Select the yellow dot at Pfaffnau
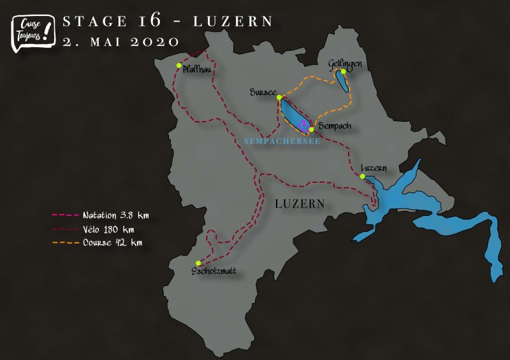coord(179,65)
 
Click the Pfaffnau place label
coord(197,70)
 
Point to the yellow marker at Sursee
coord(279,97)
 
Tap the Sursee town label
coord(262,93)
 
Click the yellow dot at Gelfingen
coord(343,71)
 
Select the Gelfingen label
coord(345,63)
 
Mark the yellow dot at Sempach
coord(311,129)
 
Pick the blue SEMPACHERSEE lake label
coord(282,141)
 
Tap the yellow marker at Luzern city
coord(362,176)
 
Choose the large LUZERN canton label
coord(300,204)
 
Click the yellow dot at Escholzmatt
coord(198,263)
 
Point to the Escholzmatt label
coord(214,271)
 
